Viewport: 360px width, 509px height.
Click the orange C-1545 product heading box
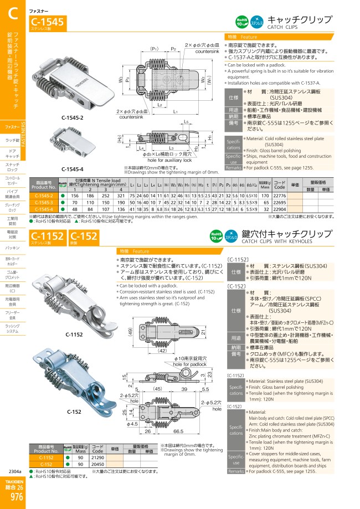coord(48,22)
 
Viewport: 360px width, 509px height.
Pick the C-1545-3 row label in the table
coord(44,202)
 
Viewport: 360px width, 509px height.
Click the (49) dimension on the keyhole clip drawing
coord(129,332)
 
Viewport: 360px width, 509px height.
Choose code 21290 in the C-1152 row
coord(97,457)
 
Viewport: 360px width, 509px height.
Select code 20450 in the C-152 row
coord(97,464)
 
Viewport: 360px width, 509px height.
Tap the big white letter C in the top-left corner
coord(13,16)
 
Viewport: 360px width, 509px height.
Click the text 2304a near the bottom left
coord(16,471)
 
